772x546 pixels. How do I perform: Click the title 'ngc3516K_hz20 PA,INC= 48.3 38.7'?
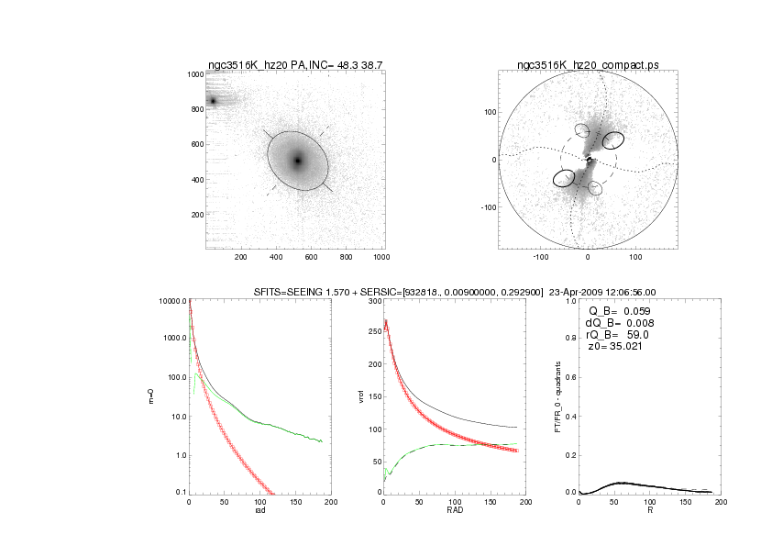295,64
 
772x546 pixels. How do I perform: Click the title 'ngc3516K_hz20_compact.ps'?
588,64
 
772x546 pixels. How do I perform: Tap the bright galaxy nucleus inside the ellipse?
297,161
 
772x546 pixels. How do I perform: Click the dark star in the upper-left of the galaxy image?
213,101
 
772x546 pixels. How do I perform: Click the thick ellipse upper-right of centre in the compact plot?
612,140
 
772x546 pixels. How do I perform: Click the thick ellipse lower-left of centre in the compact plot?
564,178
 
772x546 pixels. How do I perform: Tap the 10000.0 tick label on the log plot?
171,301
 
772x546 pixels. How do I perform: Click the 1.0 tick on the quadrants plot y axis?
570,301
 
